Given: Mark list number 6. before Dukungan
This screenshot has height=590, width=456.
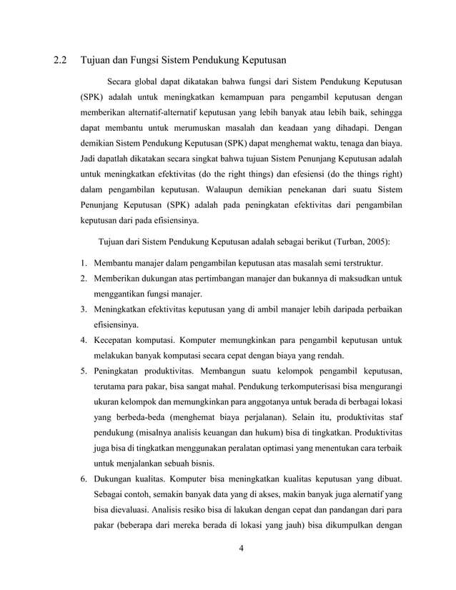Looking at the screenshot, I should pyautogui.click(x=84, y=479).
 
